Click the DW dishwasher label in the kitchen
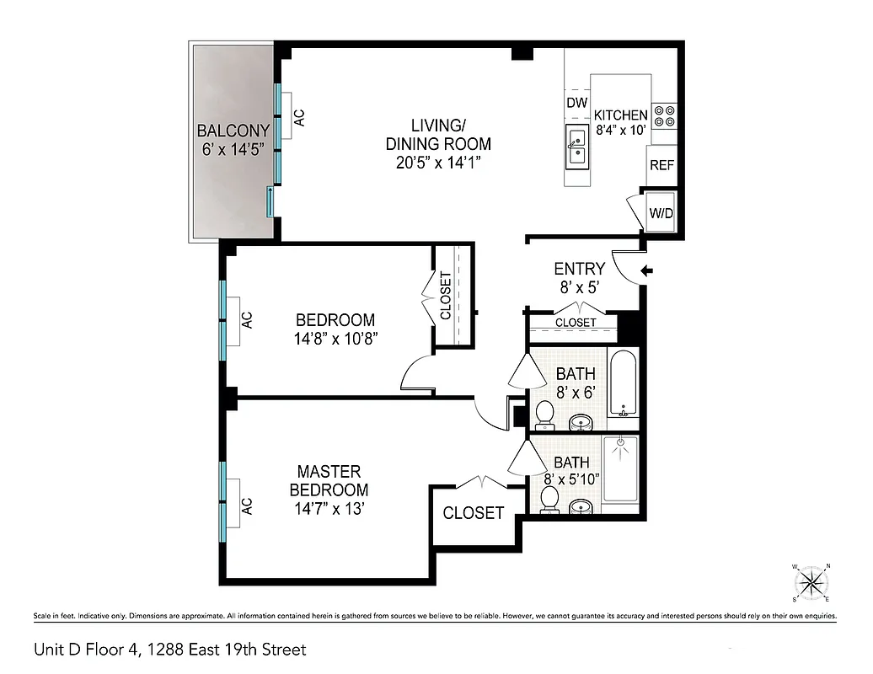coord(576,103)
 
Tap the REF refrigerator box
coord(661,165)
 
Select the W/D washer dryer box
coord(661,213)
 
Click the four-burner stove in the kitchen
coord(665,115)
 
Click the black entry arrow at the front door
coord(647,270)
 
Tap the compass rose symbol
coord(812,581)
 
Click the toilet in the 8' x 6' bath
coord(545,413)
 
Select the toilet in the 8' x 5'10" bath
coord(549,499)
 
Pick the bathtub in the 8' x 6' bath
coord(624,384)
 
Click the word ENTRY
coord(579,269)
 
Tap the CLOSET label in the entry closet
coord(576,323)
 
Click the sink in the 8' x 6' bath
coord(580,420)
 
